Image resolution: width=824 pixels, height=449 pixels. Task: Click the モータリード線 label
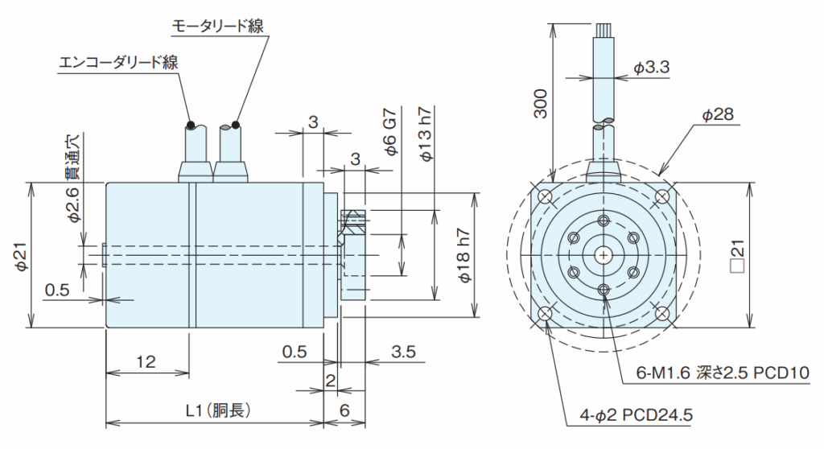point(218,26)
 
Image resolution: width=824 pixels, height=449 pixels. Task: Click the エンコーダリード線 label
point(119,62)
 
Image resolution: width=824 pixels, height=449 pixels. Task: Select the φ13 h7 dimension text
point(427,134)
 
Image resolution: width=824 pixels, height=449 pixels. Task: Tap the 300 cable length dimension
point(542,103)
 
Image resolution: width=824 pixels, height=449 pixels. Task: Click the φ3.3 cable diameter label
point(651,68)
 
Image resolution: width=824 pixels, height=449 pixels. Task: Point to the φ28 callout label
point(717,115)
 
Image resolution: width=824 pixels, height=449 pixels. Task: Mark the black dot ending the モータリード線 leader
point(235,125)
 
